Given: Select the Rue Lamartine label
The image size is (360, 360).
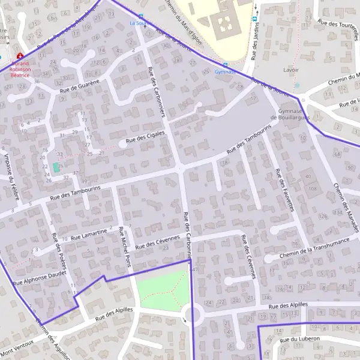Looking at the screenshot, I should (89, 234).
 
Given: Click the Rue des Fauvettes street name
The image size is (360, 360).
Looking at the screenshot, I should (284, 190).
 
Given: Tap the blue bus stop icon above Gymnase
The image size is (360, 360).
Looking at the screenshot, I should (226, 65).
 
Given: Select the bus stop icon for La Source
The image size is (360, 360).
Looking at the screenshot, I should (141, 17).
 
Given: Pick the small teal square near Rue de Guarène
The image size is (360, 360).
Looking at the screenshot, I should (56, 167).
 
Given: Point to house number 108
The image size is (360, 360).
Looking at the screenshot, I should (312, 189).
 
